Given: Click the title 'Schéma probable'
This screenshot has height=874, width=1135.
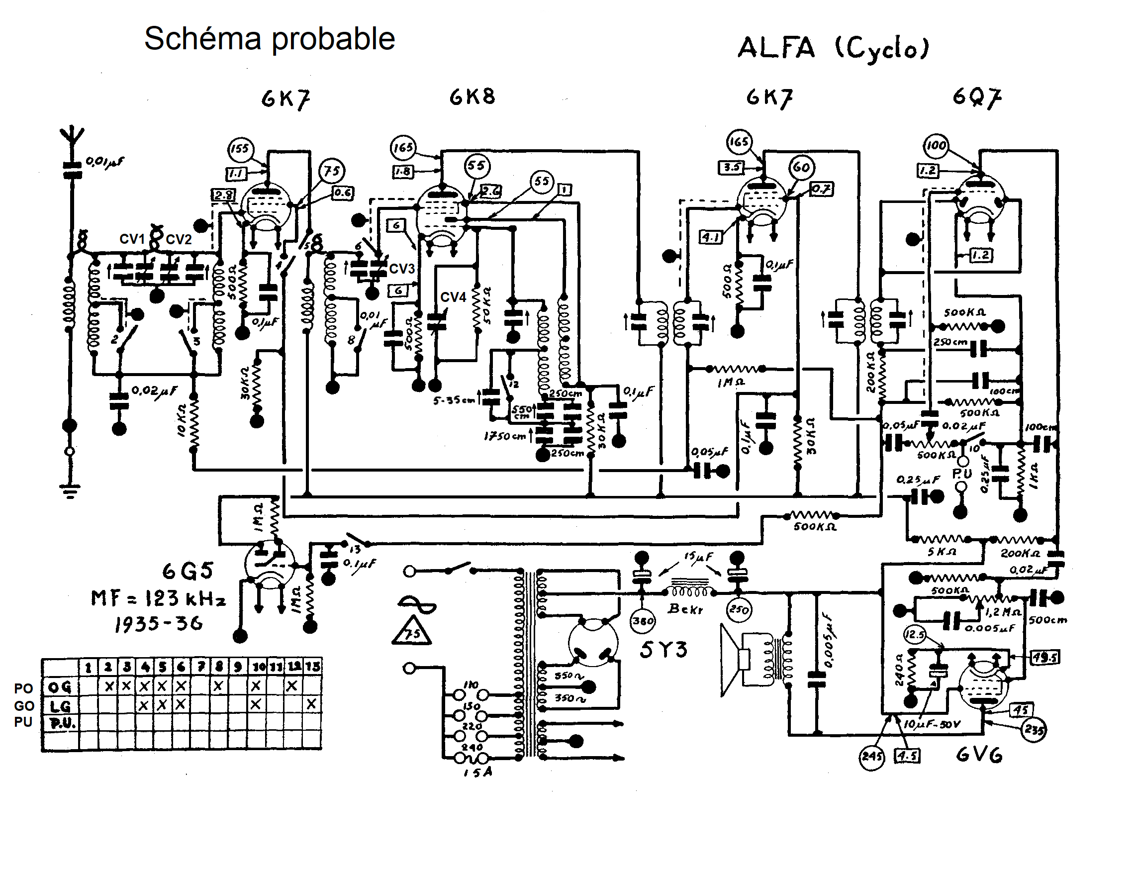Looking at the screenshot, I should coord(269,38).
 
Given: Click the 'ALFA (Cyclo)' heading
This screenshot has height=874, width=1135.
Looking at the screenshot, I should coord(833,48).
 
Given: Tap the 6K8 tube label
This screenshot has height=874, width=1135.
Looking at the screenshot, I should coord(472,97).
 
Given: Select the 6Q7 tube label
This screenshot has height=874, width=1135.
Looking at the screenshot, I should coord(977,97).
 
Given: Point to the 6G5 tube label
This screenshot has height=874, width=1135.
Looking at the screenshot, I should coord(188,571).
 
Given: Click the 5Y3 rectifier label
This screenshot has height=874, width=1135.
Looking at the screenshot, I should coord(663,650).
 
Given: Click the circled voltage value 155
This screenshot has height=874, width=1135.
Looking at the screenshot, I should coord(240,149).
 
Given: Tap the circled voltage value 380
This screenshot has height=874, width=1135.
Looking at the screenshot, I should coord(643,620).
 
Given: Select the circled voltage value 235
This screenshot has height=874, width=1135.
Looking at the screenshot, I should coord(1034,731).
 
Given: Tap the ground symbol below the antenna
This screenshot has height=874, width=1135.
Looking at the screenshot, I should coord(70,490).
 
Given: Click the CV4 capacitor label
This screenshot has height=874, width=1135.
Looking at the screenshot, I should coord(453,297).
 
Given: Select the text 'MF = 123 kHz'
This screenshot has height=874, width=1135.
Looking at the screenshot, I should coord(159,598).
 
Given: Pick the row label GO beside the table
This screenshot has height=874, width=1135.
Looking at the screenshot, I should coord(24,706).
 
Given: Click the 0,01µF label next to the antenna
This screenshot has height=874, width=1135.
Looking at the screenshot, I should coord(104,163).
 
